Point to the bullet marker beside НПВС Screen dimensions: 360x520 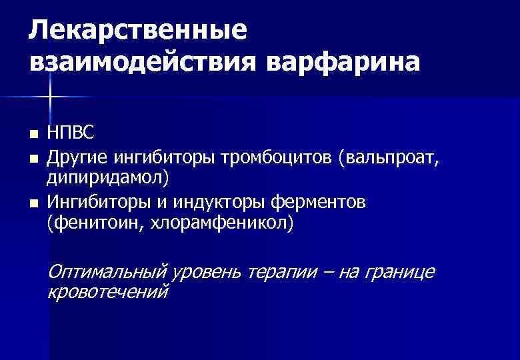click(x=33, y=135)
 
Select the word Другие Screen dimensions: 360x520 click(x=77, y=158)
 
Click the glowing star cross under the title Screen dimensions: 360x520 click(x=50, y=98)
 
